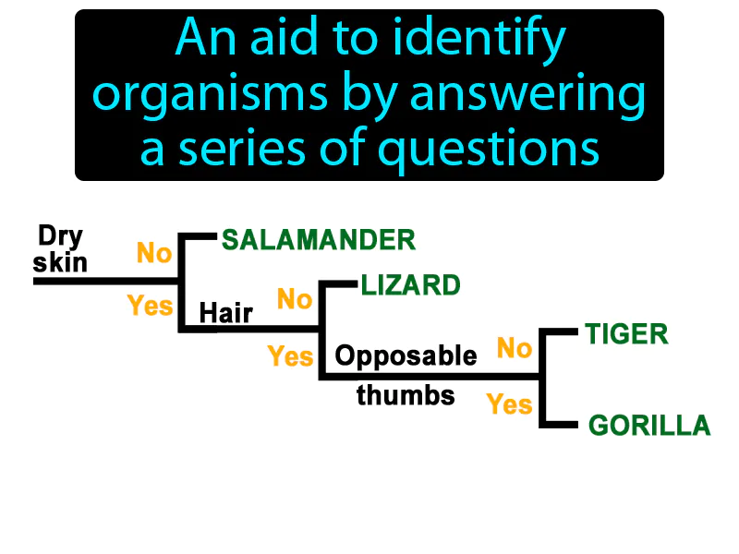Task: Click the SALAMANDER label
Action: click(x=319, y=240)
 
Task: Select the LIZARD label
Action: click(x=411, y=285)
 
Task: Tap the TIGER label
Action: click(x=626, y=333)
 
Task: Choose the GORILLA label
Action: click(x=649, y=426)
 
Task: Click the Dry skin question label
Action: click(x=61, y=249)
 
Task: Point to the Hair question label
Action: click(x=226, y=313)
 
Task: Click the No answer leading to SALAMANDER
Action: click(x=154, y=252)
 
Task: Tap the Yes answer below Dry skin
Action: click(x=150, y=305)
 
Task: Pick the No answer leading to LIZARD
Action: click(x=295, y=298)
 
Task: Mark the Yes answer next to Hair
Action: click(x=290, y=355)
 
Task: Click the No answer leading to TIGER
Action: click(x=515, y=348)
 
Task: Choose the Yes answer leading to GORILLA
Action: click(x=510, y=403)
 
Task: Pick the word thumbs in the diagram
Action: click(x=406, y=395)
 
